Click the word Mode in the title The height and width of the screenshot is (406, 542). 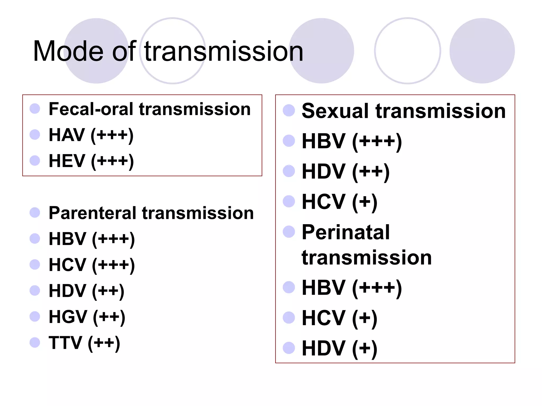[68, 51]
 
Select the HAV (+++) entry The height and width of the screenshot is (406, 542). [91, 135]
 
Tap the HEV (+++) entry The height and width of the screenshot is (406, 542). [91, 161]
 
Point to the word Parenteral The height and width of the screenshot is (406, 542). [92, 213]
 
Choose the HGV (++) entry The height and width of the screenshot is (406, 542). [87, 317]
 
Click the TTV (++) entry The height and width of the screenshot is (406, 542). [84, 343]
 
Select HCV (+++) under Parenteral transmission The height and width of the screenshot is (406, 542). [92, 265]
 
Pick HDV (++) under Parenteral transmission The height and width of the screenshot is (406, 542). [87, 291]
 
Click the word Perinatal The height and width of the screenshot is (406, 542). [346, 232]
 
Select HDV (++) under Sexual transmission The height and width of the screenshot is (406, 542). [346, 172]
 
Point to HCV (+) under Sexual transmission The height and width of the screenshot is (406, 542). [340, 202]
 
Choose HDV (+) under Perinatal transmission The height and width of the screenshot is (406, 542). [340, 349]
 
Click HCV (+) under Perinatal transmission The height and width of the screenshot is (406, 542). [340, 318]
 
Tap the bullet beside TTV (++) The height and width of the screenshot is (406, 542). [35, 343]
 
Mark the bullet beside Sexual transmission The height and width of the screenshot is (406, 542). [289, 110]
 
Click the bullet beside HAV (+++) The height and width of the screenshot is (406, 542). [35, 135]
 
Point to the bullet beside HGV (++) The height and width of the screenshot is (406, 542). [35, 316]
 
